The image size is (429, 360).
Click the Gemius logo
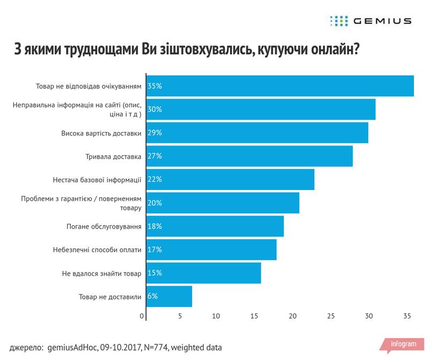click(371, 21)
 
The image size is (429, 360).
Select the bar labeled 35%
click(279, 86)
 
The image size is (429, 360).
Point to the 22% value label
click(154, 179)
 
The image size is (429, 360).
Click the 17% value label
click(154, 249)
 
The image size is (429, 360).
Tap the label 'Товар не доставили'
click(109, 296)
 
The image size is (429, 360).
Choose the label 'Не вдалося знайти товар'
click(102, 273)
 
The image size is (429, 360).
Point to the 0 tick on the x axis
click(142, 316)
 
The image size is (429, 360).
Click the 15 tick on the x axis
click(255, 316)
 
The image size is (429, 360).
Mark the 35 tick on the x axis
click(407, 316)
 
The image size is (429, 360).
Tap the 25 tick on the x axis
click(331, 316)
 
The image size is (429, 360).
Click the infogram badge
click(403, 344)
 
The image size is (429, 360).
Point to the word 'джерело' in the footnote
click(26, 347)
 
